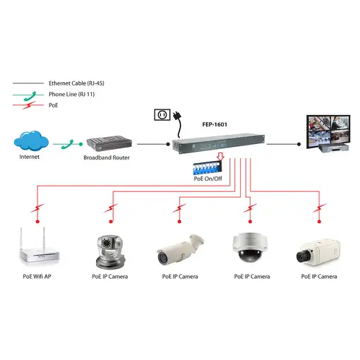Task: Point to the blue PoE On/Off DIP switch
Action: (x=210, y=168)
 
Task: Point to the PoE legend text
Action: (x=54, y=104)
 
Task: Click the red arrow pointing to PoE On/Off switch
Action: (x=222, y=157)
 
